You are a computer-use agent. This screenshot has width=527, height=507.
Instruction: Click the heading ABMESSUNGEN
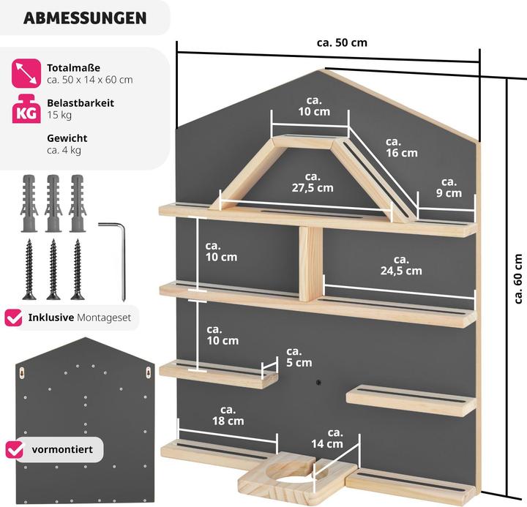coord(84,18)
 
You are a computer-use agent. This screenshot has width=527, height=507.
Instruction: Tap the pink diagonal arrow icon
coord(25,72)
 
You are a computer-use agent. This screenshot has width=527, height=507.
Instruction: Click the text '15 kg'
coord(59,115)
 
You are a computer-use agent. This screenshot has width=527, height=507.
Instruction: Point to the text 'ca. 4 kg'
coord(64,150)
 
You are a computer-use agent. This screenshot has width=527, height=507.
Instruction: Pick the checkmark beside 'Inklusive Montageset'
coord(13,318)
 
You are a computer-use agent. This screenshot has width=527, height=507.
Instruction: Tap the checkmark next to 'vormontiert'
coord(13,448)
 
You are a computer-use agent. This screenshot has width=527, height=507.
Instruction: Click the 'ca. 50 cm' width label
coord(342,42)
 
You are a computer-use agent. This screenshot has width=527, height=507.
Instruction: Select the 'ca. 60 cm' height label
coord(518,278)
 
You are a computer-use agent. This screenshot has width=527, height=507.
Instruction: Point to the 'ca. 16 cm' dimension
coord(402,147)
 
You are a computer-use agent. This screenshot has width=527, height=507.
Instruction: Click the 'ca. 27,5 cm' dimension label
coord(313,182)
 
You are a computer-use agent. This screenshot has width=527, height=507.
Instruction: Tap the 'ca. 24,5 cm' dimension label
coord(401,265)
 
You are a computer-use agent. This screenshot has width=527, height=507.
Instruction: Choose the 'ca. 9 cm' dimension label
coord(448,187)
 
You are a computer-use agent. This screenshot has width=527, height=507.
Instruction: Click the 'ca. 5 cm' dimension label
coord(299,357)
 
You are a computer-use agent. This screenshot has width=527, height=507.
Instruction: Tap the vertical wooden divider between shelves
coord(310,263)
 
